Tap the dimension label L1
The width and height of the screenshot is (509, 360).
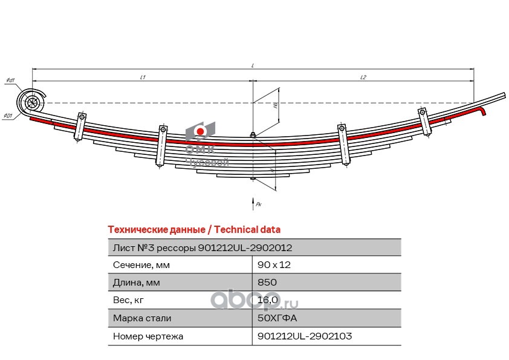(143, 77)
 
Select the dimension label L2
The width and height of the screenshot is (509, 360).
(363, 77)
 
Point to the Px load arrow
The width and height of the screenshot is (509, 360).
(254, 202)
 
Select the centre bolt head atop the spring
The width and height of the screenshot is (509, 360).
(253, 135)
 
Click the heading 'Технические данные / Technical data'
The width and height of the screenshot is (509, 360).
(193, 230)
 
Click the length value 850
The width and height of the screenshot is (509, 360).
(267, 283)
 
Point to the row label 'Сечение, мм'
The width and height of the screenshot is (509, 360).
(141, 265)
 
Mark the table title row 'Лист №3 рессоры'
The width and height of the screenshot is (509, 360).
(203, 247)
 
